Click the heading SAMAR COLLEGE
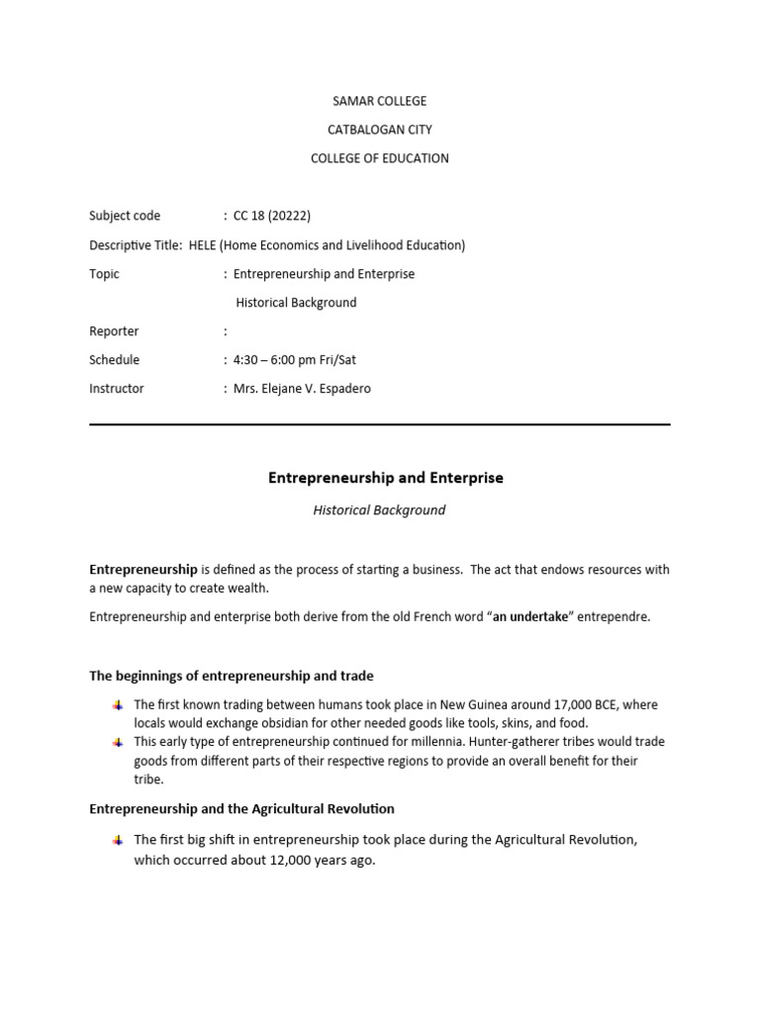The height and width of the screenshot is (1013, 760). [x=379, y=101]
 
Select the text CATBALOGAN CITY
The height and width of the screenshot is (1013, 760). [x=379, y=130]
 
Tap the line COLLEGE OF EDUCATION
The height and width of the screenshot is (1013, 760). [x=379, y=158]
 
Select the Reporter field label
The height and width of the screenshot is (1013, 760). [x=114, y=331]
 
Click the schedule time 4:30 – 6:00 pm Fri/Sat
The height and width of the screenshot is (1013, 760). [x=294, y=360]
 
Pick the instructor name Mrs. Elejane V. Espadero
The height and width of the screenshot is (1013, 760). [x=302, y=389]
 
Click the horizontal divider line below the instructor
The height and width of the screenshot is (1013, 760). [x=379, y=424]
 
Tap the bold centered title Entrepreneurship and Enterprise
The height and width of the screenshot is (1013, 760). [x=386, y=478]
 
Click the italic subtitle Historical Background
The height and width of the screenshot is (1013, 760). [x=379, y=510]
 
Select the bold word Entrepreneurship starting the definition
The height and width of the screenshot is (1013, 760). [x=143, y=570]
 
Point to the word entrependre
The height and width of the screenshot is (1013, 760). [x=616, y=617]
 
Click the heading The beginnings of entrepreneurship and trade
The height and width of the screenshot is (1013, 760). [x=232, y=676]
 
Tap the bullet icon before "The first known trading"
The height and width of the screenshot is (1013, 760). [x=117, y=705]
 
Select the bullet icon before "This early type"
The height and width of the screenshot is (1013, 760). [x=117, y=742]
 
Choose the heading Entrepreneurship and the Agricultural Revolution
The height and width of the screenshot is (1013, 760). [x=241, y=809]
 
